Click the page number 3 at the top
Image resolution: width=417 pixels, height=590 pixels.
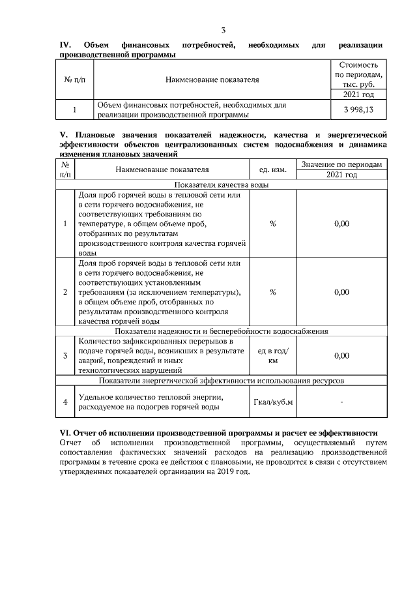[223, 30]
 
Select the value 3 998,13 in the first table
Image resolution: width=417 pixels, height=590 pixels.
[354, 110]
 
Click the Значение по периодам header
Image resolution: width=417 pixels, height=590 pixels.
[341, 164]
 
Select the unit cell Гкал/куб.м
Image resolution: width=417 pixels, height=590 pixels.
[272, 402]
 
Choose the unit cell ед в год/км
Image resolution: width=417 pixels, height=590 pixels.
[272, 355]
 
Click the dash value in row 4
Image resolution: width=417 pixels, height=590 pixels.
[341, 402]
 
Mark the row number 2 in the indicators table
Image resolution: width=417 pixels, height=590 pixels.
[65, 291]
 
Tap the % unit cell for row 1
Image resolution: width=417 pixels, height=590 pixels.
[272, 224]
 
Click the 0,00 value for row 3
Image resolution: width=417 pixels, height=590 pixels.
[341, 355]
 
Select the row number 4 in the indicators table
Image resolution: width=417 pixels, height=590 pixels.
[65, 402]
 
